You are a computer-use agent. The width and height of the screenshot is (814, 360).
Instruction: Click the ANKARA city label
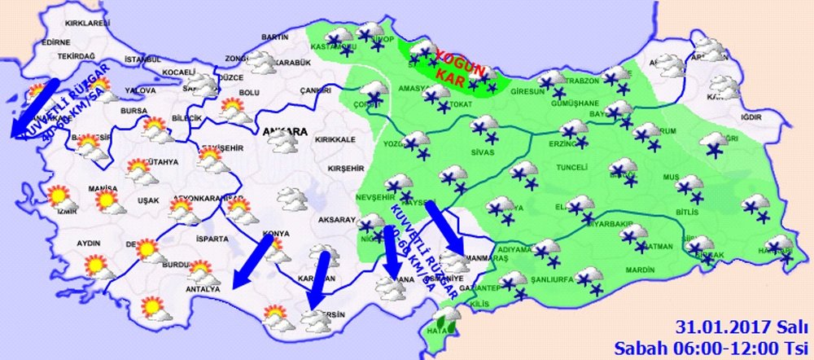click(285, 131)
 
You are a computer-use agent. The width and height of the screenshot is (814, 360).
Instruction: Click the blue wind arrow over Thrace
click(33, 106)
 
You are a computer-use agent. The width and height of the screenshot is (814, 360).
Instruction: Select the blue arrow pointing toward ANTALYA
click(252, 262)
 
